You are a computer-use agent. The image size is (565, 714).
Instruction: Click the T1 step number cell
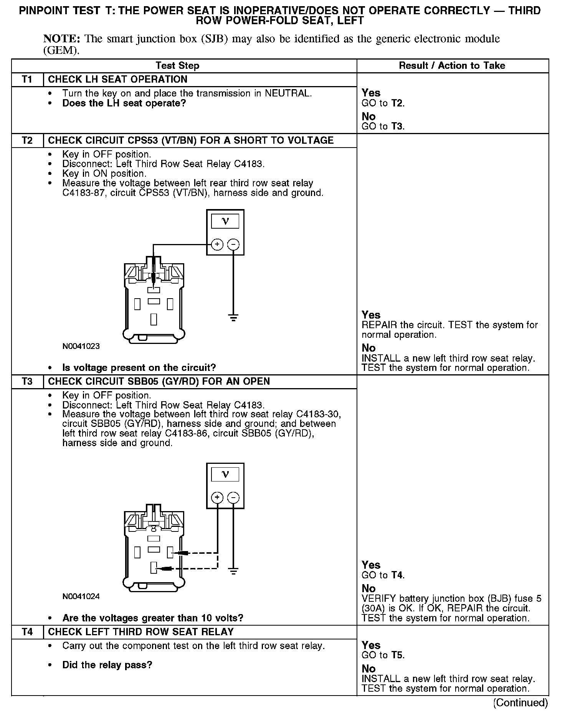click(x=27, y=80)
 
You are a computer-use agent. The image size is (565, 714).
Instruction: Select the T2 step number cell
click(x=27, y=140)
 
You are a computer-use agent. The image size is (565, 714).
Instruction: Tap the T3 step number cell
click(x=27, y=382)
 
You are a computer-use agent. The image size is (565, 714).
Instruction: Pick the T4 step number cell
click(x=27, y=632)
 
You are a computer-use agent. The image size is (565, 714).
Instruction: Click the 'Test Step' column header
click(x=177, y=66)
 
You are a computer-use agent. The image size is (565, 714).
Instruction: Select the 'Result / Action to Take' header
click(x=452, y=66)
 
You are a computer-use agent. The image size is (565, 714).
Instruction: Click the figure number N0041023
click(x=81, y=346)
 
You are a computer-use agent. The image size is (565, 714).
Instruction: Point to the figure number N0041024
click(x=81, y=596)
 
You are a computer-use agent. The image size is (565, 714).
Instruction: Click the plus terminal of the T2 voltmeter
click(x=217, y=244)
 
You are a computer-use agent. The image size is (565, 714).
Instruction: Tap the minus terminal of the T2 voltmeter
click(x=233, y=244)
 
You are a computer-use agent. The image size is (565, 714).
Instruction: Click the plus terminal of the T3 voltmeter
click(x=217, y=498)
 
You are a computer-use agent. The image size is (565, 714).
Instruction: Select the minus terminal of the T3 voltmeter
click(x=233, y=498)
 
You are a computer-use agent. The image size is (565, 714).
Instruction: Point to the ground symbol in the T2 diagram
click(x=233, y=317)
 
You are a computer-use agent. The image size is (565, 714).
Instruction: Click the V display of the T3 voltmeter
click(x=225, y=475)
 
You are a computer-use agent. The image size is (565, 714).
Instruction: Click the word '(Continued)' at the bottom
click(x=520, y=703)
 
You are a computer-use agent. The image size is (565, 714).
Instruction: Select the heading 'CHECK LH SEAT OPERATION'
click(x=118, y=80)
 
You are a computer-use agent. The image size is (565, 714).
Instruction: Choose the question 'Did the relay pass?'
click(x=107, y=665)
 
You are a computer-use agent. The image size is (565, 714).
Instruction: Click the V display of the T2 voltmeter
click(x=225, y=221)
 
